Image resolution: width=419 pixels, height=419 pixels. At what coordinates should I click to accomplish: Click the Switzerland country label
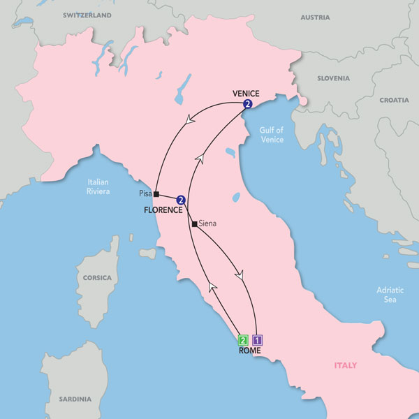click(x=87, y=15)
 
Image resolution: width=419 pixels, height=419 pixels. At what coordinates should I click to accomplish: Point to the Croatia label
click(x=395, y=100)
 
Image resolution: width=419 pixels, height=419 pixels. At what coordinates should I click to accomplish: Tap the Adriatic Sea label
click(x=385, y=294)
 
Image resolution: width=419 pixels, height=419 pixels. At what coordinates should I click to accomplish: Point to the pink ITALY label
click(x=345, y=365)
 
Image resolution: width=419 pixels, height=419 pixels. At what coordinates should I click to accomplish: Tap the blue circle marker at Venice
click(x=247, y=104)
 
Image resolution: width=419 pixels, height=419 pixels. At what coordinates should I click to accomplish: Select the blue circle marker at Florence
click(x=181, y=200)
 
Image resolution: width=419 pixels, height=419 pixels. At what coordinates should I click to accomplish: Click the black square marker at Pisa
click(x=157, y=194)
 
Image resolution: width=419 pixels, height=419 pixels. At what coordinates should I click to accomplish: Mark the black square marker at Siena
click(x=193, y=224)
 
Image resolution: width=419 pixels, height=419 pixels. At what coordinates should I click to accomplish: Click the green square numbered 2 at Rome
click(x=243, y=341)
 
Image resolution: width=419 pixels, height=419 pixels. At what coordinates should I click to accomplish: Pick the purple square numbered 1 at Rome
click(x=257, y=341)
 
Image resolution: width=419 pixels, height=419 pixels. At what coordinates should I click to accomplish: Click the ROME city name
click(x=249, y=351)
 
